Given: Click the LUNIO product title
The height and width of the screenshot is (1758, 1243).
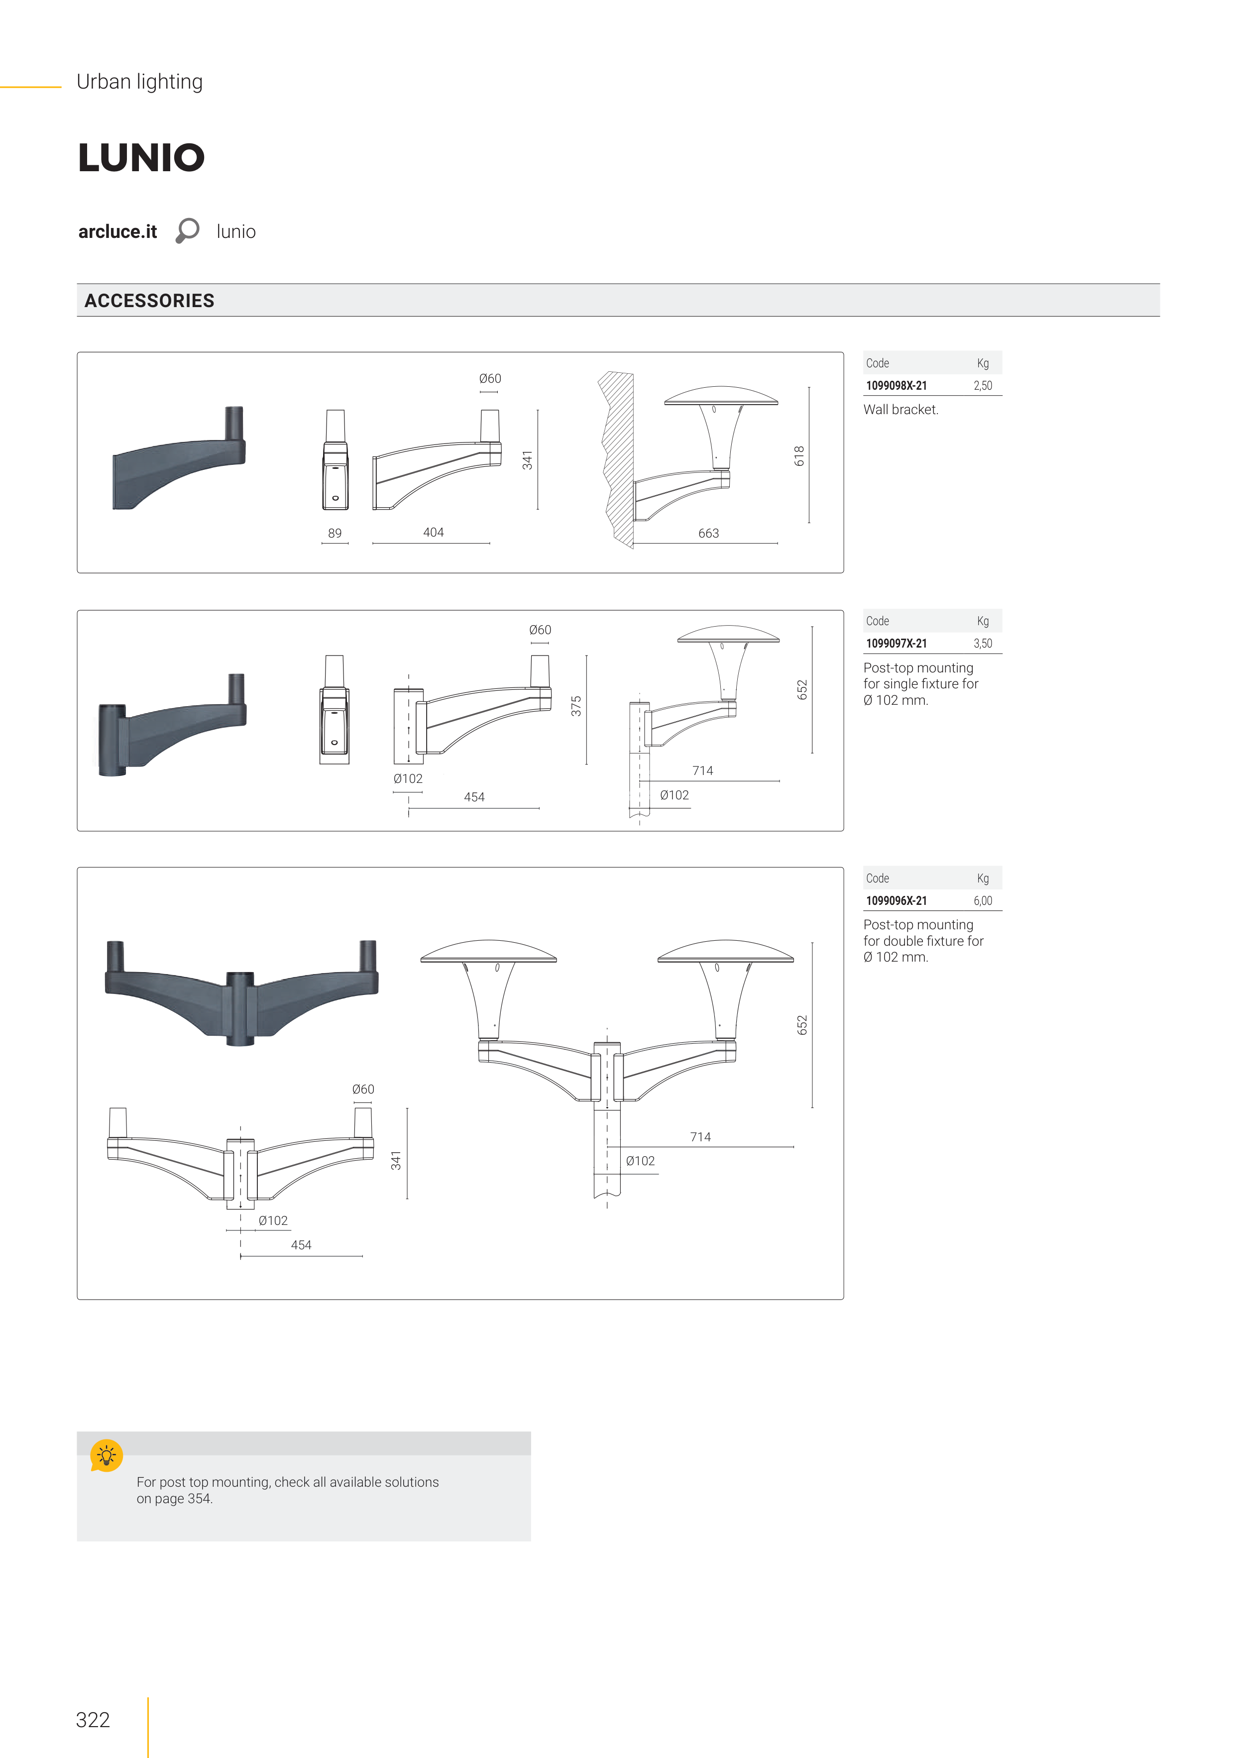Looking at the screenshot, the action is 142,158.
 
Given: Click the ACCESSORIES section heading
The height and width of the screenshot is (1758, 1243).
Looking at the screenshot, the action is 149,301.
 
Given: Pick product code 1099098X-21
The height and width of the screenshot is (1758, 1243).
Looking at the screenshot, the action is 896,386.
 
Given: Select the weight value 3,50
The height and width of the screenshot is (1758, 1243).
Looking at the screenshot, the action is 983,644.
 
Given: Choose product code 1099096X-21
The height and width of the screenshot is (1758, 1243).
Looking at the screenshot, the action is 896,901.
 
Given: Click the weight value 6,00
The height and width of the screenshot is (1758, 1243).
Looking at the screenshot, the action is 983,901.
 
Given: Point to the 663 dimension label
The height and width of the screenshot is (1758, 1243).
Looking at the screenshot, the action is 708,533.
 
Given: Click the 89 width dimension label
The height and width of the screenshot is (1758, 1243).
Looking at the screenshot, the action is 335,533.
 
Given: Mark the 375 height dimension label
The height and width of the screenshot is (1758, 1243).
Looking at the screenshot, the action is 576,706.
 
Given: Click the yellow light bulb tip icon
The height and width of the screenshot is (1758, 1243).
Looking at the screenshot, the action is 107,1455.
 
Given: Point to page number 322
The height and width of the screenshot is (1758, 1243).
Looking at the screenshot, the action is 93,1720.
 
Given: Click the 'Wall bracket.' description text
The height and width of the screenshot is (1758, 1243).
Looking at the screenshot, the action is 901,410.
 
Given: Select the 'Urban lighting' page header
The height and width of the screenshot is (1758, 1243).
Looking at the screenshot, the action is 139,82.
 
